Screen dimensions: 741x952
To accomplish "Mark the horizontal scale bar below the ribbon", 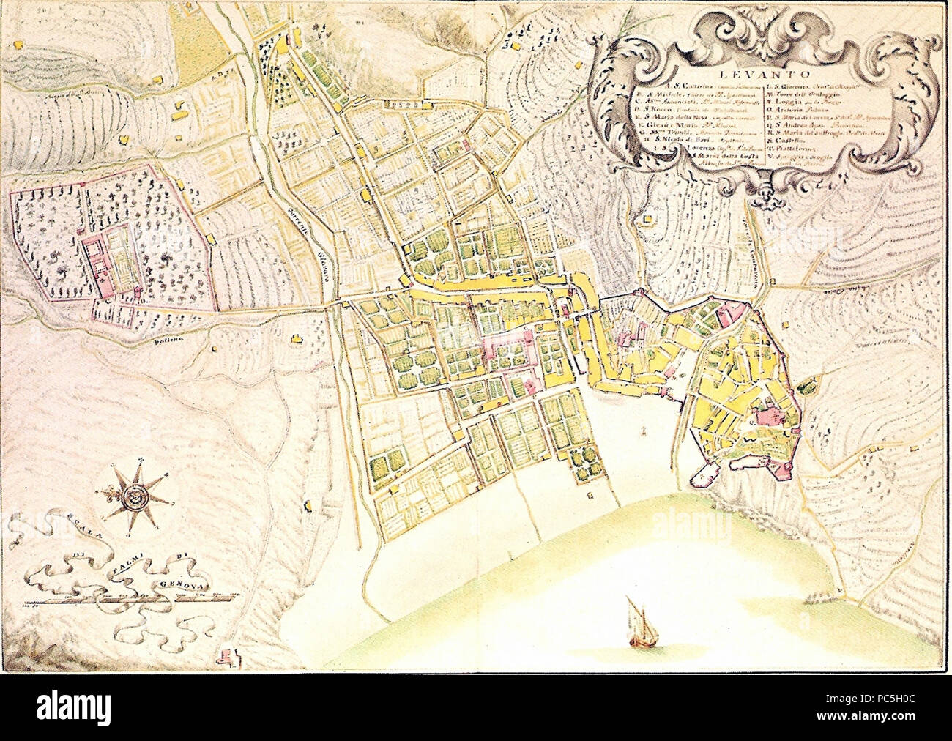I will [124, 600].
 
